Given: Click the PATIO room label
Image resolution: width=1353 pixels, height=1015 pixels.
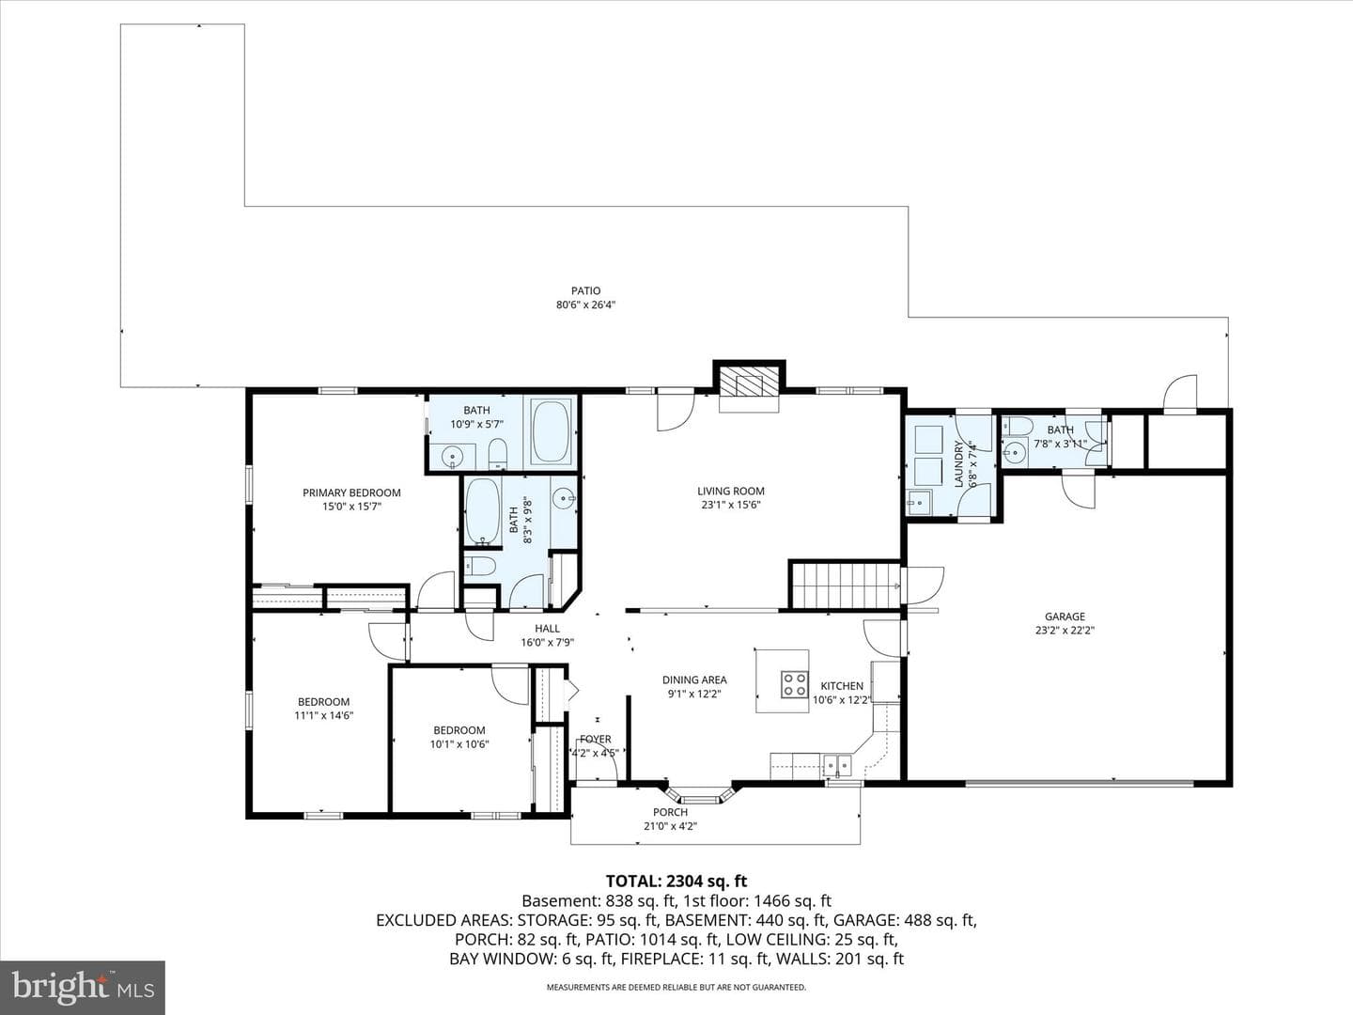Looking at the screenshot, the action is [x=585, y=290].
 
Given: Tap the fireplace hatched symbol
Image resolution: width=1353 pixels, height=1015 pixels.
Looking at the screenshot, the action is [x=749, y=385].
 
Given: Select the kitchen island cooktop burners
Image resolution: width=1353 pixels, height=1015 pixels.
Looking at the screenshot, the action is [x=795, y=684].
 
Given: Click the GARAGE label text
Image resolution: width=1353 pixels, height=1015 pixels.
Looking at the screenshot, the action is [x=1065, y=617].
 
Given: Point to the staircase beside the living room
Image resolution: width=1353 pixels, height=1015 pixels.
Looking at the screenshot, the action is [x=845, y=586].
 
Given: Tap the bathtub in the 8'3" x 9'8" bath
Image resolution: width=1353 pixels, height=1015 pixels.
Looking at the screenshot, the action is [x=482, y=511].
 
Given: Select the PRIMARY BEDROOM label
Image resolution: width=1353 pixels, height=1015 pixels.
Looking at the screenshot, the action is [x=351, y=492].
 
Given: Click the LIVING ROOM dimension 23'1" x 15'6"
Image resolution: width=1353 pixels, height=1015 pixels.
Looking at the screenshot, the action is [x=730, y=506].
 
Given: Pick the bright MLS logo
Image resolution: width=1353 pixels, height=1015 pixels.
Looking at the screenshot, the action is [x=82, y=987].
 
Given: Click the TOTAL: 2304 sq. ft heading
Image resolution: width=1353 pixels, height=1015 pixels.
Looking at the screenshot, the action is [x=676, y=882].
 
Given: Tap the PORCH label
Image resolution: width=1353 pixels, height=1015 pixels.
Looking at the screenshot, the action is [x=670, y=812].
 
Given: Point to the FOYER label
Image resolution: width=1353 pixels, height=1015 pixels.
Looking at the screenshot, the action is [x=596, y=739].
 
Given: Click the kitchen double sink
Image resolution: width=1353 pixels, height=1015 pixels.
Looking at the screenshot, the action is [x=837, y=766].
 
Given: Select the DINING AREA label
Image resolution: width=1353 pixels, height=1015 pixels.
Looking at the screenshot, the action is [x=694, y=679].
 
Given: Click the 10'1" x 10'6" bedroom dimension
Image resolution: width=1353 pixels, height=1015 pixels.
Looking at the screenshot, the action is [x=459, y=744].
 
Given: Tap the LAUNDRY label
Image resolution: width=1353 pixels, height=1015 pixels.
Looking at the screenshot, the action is [x=958, y=464].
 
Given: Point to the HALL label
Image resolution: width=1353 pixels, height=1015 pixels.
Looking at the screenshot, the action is [x=547, y=629].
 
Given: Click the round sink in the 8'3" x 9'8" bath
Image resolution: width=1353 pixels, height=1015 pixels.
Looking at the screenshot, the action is [x=563, y=497].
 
